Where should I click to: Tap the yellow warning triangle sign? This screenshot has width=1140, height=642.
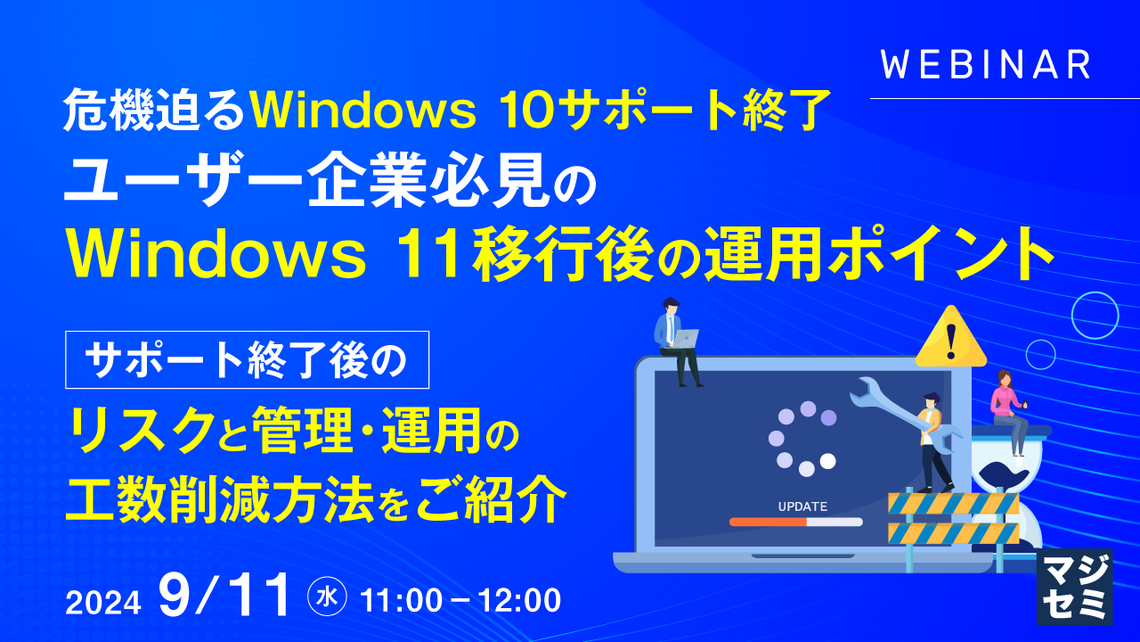click(x=951, y=338)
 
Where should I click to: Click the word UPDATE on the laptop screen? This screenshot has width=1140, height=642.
click(x=802, y=506)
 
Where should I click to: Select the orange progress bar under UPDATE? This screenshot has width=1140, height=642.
click(x=768, y=523)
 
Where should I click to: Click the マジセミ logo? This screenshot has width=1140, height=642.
click(x=1074, y=587)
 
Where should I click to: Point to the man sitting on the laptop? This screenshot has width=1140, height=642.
click(x=674, y=339)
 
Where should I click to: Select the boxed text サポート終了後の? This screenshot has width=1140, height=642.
click(x=247, y=359)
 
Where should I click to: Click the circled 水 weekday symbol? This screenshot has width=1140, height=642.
click(x=327, y=598)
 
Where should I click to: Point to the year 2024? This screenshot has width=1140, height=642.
click(x=103, y=603)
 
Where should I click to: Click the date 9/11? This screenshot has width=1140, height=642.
click(x=224, y=596)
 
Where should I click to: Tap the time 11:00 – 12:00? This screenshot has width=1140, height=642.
click(x=460, y=600)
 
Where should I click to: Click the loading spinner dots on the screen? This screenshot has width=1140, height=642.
click(x=802, y=438)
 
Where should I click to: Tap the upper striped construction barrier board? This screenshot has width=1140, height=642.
click(x=953, y=504)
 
